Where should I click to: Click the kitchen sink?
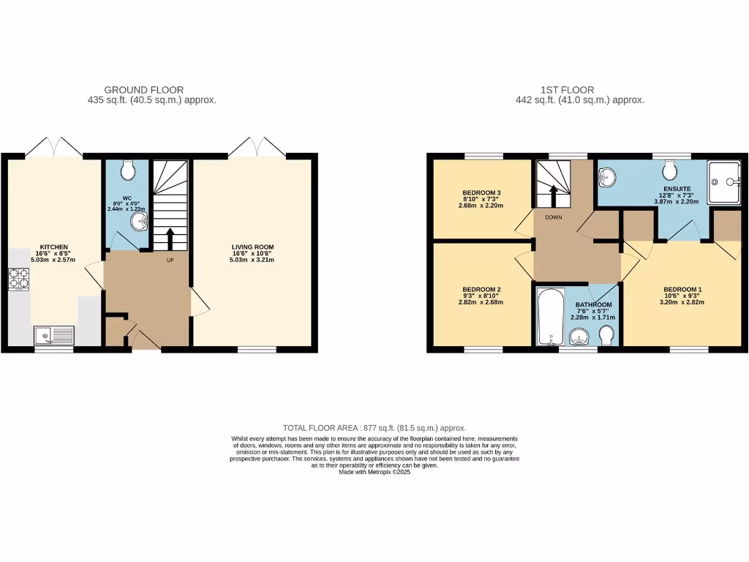[53, 336]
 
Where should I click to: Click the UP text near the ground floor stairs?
[170, 261]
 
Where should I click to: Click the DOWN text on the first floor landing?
[552, 217]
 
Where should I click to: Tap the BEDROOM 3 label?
[481, 193]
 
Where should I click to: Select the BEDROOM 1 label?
[682, 289]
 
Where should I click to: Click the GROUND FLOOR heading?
[143, 90]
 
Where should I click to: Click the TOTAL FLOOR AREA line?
[374, 427]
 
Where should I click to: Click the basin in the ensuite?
[608, 176]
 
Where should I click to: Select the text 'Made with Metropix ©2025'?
[374, 473]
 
